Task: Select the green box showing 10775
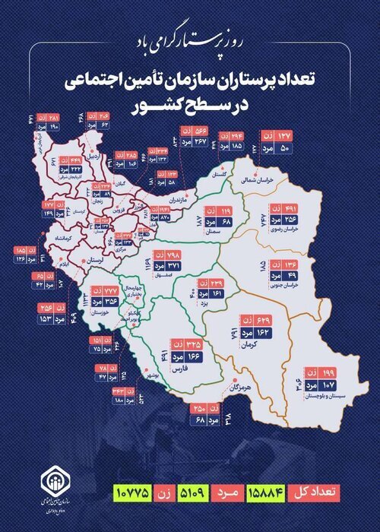134,491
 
